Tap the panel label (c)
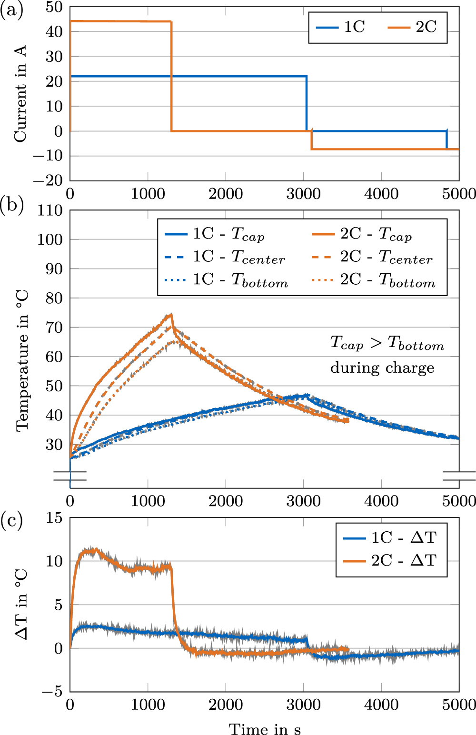click(12, 521)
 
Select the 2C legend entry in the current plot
click(413, 27)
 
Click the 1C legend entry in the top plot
click(341, 27)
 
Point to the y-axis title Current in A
click(20, 94)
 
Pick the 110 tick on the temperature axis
click(50, 210)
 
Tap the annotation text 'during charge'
click(382, 367)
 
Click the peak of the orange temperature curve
click(171, 314)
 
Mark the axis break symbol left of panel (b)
click(70, 476)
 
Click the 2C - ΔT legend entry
click(390, 560)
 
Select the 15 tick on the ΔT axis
click(55, 517)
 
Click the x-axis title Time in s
click(265, 728)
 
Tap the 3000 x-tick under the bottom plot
click(304, 704)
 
